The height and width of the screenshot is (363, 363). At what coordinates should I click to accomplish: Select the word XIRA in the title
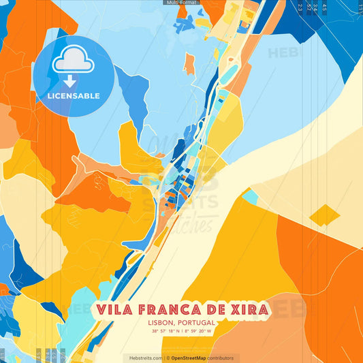coord(247,310)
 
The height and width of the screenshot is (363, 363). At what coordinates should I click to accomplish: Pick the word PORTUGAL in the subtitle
coord(195,323)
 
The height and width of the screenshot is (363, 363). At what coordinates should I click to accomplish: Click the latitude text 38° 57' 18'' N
coord(165,332)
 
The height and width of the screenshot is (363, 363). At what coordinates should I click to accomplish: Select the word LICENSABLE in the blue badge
coord(74,96)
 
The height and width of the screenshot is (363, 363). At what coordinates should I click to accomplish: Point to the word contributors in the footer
coord(220,358)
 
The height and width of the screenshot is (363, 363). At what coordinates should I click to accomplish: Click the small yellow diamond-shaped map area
coord(324,217)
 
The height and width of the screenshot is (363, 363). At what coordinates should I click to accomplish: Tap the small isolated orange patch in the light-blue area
coord(189,64)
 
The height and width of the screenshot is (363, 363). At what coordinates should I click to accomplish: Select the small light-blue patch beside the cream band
coord(250,197)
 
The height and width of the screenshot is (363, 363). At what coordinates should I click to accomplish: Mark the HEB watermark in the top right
coord(281,52)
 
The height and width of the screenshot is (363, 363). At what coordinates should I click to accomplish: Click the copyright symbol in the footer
coord(167,358)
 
